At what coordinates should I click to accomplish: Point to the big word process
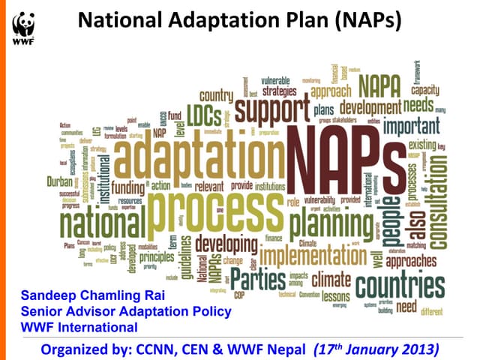point(207,202)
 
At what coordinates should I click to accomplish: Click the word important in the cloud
point(412,125)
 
